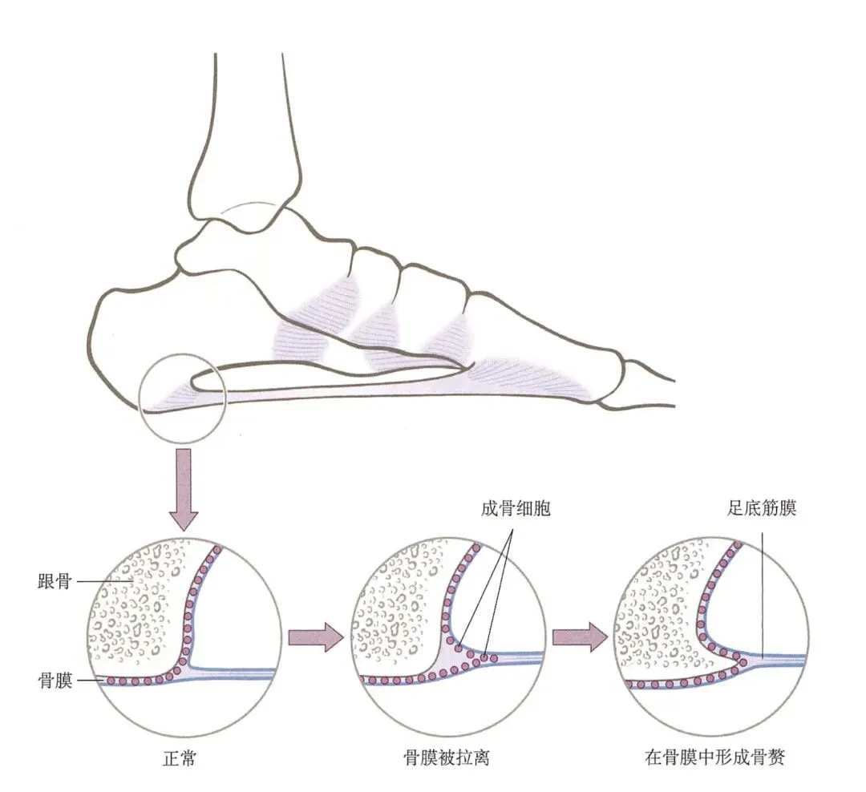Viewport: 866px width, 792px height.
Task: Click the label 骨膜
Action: tap(55, 681)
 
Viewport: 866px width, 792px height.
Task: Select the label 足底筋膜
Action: tap(762, 508)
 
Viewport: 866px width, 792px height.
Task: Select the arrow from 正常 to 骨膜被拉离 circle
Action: tap(315, 637)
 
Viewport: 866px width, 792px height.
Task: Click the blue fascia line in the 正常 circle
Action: tap(241, 670)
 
